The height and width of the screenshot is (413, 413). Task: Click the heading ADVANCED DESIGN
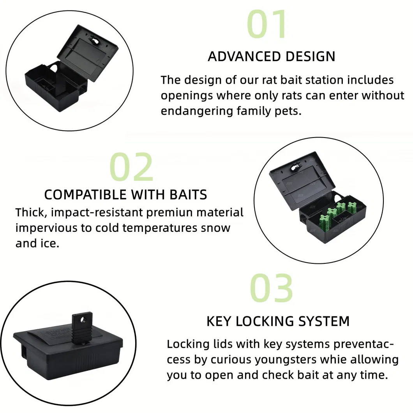pos(271,56)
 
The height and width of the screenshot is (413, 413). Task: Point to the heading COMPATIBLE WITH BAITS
pos(125,194)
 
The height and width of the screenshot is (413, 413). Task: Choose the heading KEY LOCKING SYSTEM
pos(278,321)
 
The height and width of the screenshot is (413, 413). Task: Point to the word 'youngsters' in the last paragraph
pos(285,359)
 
